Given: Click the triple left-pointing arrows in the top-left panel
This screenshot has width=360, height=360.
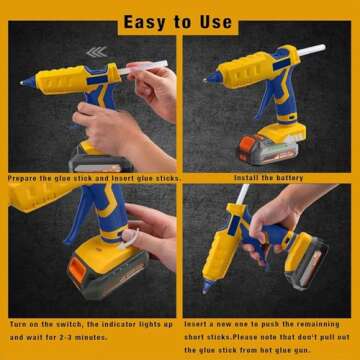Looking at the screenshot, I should click(96, 51).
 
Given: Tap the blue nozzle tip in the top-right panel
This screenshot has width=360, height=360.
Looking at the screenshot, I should click(210, 78).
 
